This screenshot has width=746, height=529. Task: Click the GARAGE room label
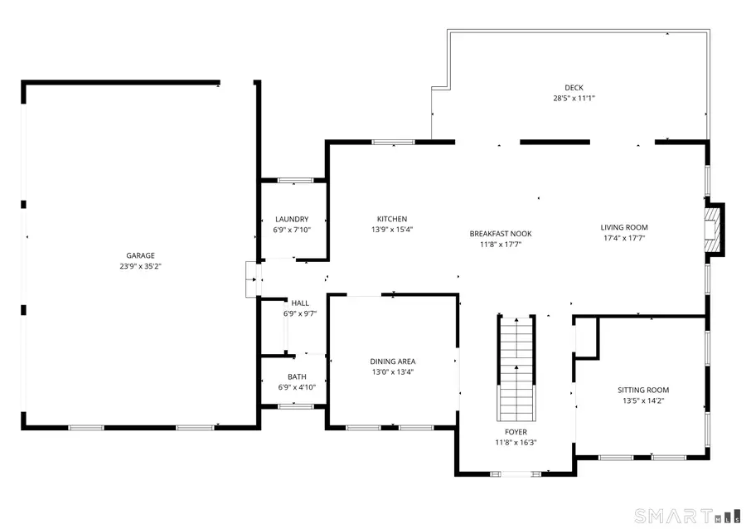140,255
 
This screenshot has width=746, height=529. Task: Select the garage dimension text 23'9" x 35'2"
140,266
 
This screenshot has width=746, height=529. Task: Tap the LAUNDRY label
292,219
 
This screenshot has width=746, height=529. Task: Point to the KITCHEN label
392,219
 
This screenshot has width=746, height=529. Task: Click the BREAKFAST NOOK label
501,234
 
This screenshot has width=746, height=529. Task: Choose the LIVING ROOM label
624,227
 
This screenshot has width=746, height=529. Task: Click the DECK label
574,88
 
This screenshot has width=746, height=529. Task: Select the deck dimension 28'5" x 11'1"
574,98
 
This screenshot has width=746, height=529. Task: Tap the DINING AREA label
392,362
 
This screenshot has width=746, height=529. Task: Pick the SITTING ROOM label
642,390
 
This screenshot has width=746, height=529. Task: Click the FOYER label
516,432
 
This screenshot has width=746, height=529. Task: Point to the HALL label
299,303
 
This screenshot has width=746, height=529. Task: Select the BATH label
297,376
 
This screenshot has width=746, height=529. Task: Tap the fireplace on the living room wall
713,228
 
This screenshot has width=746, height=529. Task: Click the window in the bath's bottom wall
295,406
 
